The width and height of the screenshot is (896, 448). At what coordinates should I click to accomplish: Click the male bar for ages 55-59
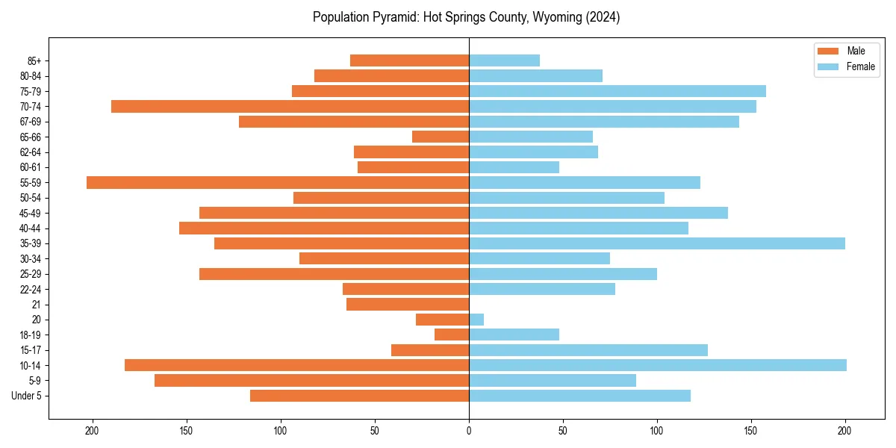coord(278,182)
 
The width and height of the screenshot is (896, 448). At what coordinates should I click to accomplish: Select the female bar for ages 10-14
coord(657,365)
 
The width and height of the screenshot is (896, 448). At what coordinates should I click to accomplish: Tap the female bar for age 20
coord(476,320)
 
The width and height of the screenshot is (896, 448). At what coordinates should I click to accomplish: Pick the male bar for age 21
coord(408,304)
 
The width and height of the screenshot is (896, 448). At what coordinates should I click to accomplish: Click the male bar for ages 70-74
coord(290,106)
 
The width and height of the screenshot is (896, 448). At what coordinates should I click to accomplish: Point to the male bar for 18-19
coord(452,335)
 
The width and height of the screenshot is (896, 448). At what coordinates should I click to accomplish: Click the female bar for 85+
coord(504,60)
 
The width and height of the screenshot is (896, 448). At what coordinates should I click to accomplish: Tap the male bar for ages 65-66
coord(441,137)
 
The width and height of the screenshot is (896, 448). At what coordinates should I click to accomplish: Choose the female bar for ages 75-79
coord(617,91)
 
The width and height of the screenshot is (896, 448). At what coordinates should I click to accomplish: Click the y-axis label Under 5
coord(31,396)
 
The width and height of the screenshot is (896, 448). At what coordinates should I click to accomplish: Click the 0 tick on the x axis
coord(469,430)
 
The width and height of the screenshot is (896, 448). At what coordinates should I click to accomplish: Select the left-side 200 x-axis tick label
coord(93,430)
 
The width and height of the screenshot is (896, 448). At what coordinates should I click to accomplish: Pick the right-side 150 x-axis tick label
coord(751,430)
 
